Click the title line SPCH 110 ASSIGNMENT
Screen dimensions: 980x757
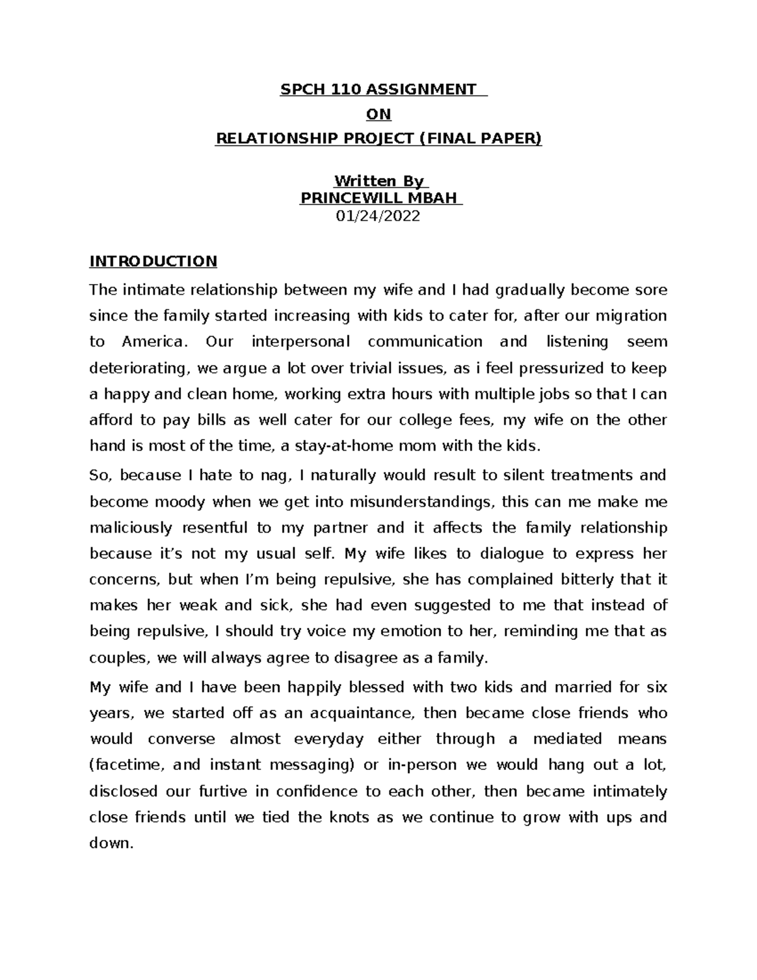pos(378,89)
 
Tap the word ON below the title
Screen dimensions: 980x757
pos(378,114)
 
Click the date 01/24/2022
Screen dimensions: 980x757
pos(378,216)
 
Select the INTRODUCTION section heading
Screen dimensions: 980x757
pos(153,261)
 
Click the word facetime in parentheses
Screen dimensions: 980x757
pos(130,765)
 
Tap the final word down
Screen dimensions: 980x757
pos(111,843)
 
